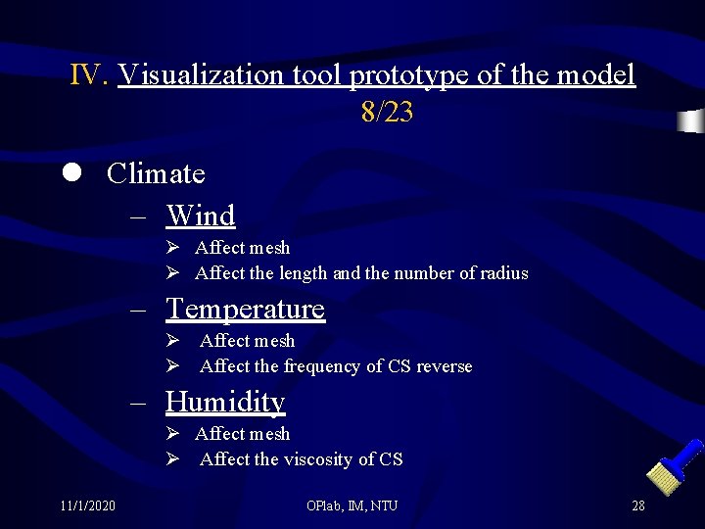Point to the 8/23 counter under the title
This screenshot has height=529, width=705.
(x=387, y=114)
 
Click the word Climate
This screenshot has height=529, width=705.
(x=156, y=174)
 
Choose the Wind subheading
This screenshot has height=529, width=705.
(x=201, y=216)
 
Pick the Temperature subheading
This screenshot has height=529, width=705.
(x=245, y=309)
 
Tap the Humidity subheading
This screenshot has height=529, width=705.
(x=225, y=402)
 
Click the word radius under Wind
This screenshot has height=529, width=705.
(x=502, y=273)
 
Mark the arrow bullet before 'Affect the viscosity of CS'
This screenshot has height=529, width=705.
(x=171, y=459)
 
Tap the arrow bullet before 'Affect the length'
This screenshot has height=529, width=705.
(x=171, y=273)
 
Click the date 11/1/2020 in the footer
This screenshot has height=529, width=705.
(x=86, y=505)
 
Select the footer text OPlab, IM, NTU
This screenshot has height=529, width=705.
(x=352, y=505)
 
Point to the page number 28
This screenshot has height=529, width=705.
(x=637, y=505)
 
